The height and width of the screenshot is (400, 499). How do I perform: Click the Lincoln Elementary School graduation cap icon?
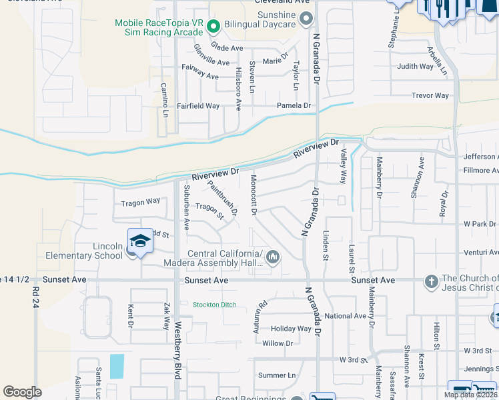point(140,241)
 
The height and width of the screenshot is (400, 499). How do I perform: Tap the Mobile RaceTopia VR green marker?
point(213,27)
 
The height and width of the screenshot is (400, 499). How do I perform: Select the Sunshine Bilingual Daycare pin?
point(306,19)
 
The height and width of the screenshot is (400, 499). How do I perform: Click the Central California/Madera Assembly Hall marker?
point(272,257)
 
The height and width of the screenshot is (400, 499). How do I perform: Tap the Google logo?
point(22,392)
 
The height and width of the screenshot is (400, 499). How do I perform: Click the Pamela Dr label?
point(294,106)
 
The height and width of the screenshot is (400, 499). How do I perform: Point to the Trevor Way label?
point(430,95)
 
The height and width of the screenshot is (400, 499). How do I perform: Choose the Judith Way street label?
point(415,67)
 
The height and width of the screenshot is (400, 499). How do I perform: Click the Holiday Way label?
point(291,329)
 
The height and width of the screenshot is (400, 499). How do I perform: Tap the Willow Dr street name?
point(278,343)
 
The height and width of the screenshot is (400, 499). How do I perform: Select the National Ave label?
point(346,316)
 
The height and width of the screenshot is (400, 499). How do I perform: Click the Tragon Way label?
point(140,201)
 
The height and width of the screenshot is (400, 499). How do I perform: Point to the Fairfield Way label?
point(198,106)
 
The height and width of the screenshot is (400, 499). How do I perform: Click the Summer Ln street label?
point(276,375)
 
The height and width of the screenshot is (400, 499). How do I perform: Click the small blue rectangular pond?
point(117,365)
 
